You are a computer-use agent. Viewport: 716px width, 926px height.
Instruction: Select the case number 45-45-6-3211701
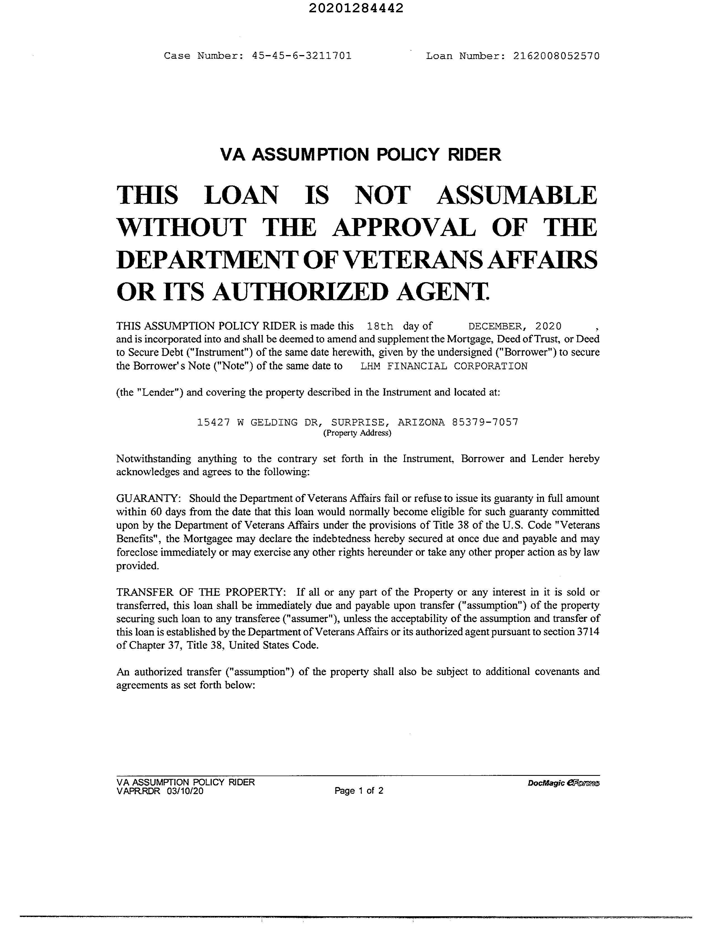pyautogui.click(x=302, y=56)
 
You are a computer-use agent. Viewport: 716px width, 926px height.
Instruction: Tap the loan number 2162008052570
pyautogui.click(x=556, y=56)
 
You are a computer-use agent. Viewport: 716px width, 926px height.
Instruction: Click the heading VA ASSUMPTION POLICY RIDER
pyautogui.click(x=361, y=154)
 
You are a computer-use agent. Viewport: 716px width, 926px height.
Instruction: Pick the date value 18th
pyautogui.click(x=380, y=326)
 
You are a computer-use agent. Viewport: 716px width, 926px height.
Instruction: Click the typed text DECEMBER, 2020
pyautogui.click(x=515, y=326)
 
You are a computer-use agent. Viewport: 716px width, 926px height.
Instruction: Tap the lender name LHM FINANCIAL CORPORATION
pyautogui.click(x=444, y=366)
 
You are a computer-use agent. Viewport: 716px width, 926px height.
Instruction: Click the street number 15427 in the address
pyautogui.click(x=214, y=422)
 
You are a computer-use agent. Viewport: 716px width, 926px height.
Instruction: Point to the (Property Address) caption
pyautogui.click(x=357, y=433)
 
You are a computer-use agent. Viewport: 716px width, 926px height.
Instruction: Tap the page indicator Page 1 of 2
pyautogui.click(x=359, y=790)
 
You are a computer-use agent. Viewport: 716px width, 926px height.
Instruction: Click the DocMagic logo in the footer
pyautogui.click(x=563, y=783)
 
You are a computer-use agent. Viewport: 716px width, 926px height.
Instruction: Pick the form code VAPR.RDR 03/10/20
pyautogui.click(x=160, y=791)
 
